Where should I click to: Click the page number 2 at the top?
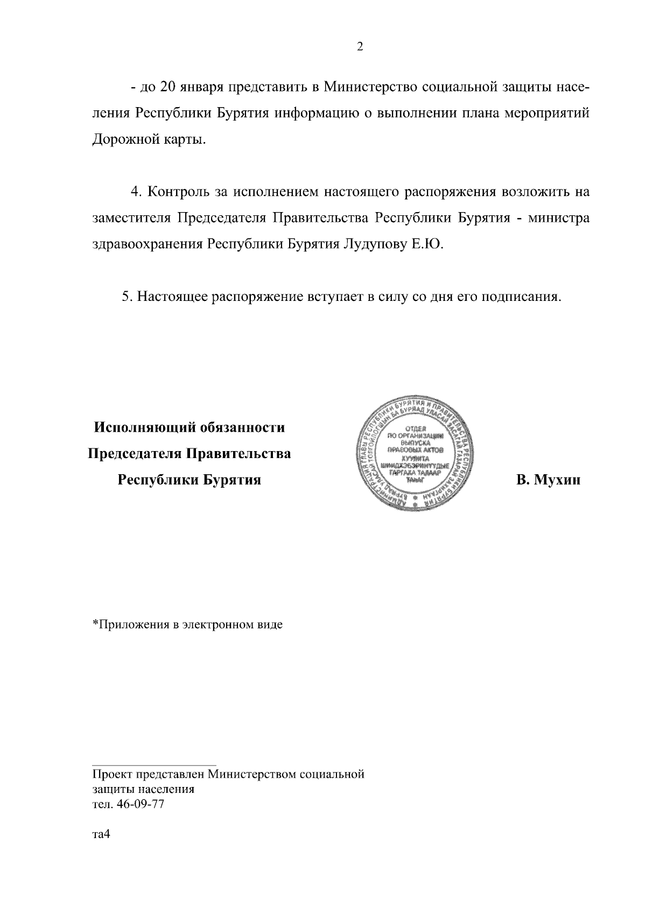pos(360,47)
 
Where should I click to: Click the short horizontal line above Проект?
pos(154,764)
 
